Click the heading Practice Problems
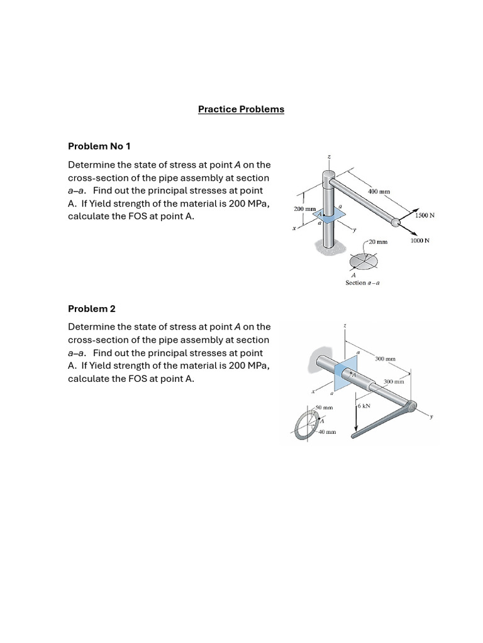pos(241,109)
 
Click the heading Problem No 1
pos(99,146)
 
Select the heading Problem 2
pos(92,309)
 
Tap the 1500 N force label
pos(425,215)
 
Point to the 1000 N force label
pos(419,240)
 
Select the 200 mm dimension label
pos(304,208)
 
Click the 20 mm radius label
pos(379,241)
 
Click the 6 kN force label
pos(364,406)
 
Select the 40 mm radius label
pos(326,433)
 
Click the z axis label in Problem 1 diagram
pos(328,156)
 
